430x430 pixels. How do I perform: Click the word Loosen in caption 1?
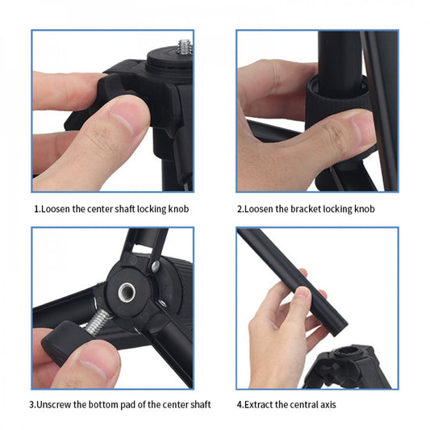point(57,208)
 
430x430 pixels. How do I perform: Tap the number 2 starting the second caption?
point(240,208)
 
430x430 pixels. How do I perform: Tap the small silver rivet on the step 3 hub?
point(155,265)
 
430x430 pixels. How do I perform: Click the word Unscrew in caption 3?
point(59,404)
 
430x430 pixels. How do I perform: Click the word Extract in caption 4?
point(265,404)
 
